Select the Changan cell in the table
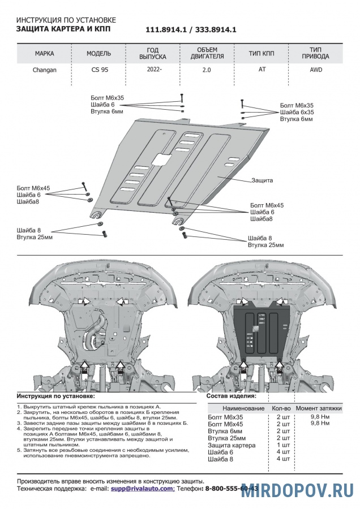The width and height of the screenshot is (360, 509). (45, 71)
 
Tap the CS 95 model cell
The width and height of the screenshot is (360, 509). (98, 71)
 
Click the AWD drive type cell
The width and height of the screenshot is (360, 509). (318, 71)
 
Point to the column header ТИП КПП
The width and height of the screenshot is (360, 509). (262, 54)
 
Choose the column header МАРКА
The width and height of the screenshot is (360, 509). (45, 54)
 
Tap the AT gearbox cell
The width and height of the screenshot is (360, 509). (262, 71)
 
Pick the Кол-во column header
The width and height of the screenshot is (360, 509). (281, 408)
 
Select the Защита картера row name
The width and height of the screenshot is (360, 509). (232, 445)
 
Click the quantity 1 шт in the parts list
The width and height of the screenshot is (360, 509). (282, 445)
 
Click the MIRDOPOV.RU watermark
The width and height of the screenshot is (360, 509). (297, 490)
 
